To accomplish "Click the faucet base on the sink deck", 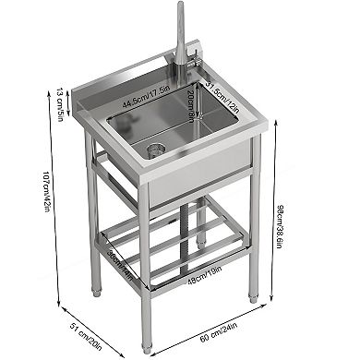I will click(175, 74).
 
